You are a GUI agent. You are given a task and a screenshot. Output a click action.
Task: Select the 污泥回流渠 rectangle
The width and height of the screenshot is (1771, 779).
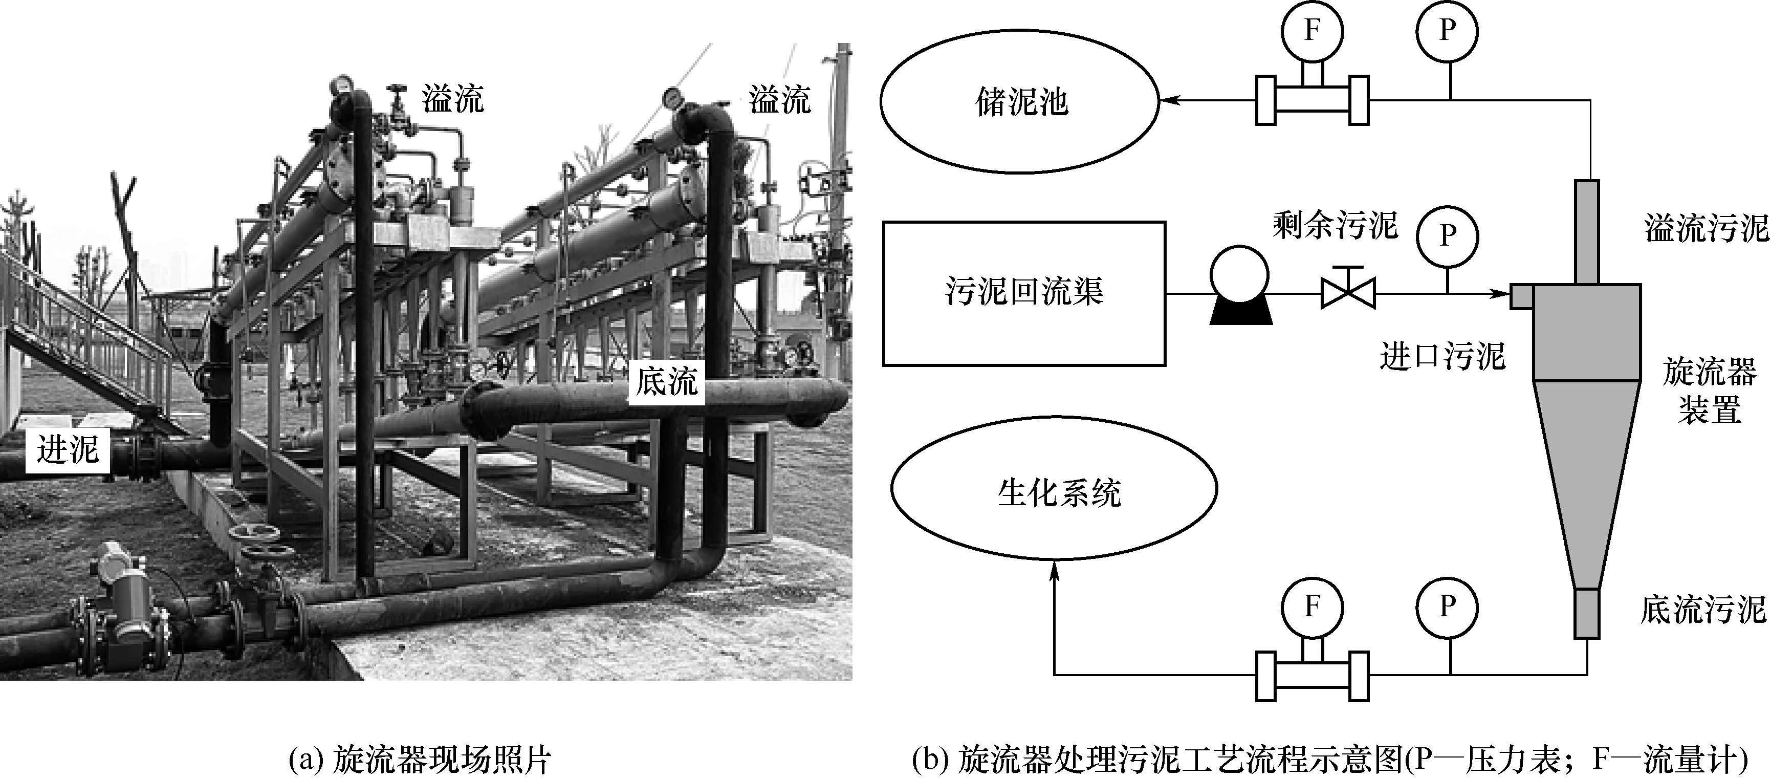pyautogui.click(x=1024, y=293)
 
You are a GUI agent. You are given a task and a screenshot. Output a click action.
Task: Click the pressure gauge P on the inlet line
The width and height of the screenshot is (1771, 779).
pyautogui.click(x=1447, y=236)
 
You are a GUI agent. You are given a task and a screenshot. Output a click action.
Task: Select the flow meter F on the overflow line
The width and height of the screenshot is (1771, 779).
pyautogui.click(x=1312, y=31)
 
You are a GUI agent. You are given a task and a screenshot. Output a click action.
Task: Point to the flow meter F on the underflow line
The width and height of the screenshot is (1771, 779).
pyautogui.click(x=1312, y=607)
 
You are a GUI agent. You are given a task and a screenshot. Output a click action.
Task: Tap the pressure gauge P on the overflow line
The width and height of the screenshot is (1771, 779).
pyautogui.click(x=1447, y=30)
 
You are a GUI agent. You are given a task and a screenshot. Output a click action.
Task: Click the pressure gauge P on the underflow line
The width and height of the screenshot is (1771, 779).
pyautogui.click(x=1447, y=607)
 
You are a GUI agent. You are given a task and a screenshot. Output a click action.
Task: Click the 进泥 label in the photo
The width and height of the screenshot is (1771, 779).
pyautogui.click(x=68, y=451)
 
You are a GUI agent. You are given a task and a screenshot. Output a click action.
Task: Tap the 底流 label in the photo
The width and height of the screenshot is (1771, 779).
pyautogui.click(x=666, y=381)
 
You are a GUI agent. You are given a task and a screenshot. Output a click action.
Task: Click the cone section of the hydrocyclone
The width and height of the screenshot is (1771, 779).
pyautogui.click(x=1587, y=481)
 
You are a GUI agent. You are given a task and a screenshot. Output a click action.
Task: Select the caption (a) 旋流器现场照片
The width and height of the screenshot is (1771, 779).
pyautogui.click(x=421, y=761)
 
